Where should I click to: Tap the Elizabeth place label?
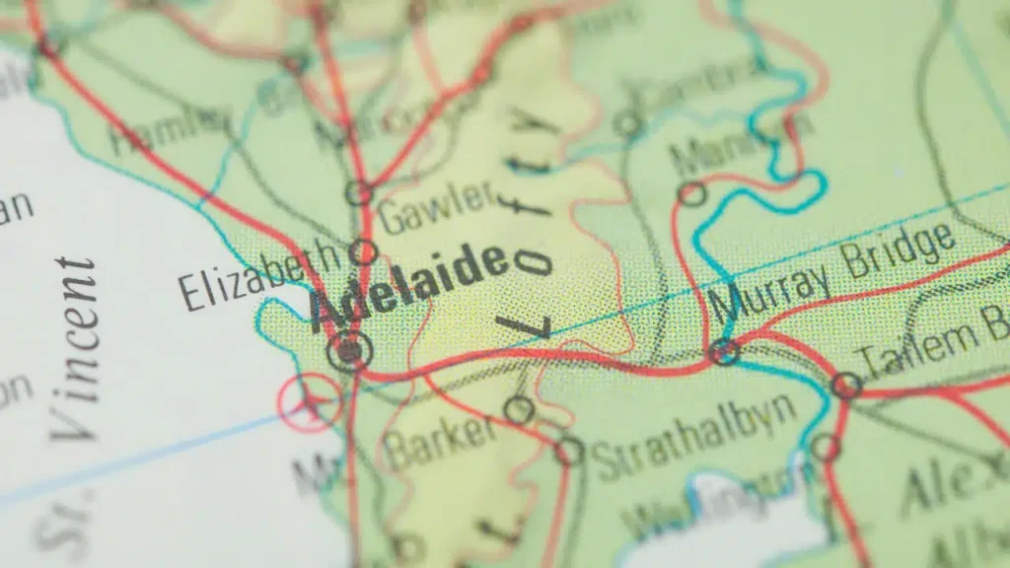258,276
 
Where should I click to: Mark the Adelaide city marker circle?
349,350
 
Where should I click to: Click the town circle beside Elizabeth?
363,251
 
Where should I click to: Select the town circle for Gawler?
359,193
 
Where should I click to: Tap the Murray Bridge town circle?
724,350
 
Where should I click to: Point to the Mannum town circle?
692,194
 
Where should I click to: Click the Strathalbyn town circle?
568,452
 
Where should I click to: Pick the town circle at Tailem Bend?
845,385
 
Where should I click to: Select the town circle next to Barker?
518,410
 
